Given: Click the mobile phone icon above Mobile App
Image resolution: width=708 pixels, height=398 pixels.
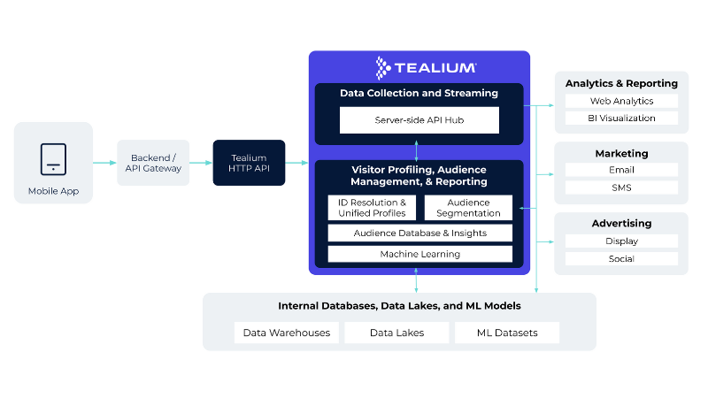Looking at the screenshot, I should (53, 159).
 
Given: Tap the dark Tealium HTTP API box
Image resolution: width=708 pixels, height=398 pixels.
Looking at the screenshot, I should (249, 163).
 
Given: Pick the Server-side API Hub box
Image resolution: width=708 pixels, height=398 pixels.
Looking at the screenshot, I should (419, 119).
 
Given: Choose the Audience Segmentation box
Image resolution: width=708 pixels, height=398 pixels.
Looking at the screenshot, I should (468, 208).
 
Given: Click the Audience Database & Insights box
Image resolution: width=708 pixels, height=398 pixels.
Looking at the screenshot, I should (419, 233).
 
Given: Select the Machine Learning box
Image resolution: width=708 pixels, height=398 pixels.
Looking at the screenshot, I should (419, 254).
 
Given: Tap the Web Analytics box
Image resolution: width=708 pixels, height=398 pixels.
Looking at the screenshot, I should (621, 101).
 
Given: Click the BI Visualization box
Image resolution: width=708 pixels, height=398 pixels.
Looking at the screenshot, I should (621, 118).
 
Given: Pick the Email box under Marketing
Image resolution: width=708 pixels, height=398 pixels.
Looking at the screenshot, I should (621, 170).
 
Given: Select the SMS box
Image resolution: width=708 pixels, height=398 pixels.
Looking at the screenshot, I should (621, 188).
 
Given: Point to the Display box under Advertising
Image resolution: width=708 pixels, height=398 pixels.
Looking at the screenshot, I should (621, 241).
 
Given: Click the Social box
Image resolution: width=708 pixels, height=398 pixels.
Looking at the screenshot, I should (621, 258).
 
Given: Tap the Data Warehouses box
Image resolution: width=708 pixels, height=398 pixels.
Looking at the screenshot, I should (287, 333).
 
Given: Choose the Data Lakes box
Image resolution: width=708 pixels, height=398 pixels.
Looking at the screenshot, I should (396, 333).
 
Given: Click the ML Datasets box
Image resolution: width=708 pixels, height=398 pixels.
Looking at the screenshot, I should (507, 333).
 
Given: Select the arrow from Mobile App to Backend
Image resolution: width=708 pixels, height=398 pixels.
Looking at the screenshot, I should (104, 163).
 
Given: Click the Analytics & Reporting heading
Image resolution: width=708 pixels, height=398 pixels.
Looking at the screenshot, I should (621, 83).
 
